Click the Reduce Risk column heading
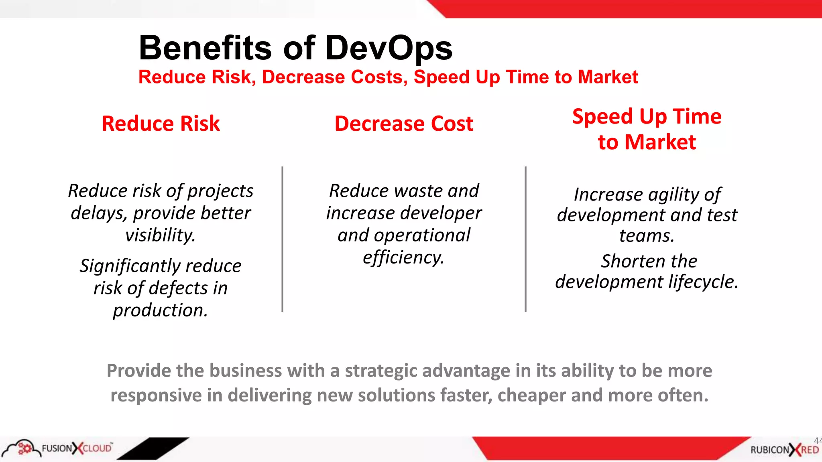point(161,124)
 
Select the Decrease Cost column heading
point(404,124)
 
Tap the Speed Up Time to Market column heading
point(647,129)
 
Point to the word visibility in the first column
point(160,235)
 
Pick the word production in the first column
point(160,310)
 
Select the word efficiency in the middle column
point(403,257)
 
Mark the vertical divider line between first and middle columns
point(283,239)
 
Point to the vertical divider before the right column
point(525,239)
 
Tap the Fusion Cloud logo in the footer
point(58,448)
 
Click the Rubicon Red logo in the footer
point(784,450)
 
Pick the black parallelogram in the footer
point(153,448)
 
